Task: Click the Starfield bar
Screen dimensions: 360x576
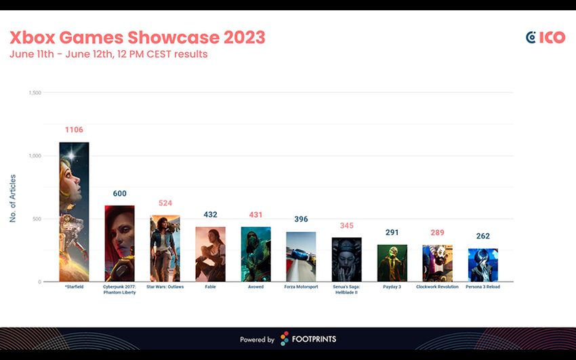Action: point(74,212)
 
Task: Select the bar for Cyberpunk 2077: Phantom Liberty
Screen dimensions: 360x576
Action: point(119,243)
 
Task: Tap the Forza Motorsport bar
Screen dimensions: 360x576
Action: point(301,256)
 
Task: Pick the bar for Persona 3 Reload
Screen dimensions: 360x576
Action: point(482,264)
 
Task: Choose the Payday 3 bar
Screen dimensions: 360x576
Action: point(392,263)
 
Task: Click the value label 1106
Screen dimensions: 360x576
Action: point(74,129)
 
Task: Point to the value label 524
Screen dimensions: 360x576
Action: point(165,203)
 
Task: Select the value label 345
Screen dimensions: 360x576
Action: point(346,225)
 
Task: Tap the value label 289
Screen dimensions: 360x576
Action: point(437,233)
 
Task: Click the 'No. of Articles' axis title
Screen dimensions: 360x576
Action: point(13,198)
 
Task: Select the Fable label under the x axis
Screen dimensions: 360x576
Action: point(210,287)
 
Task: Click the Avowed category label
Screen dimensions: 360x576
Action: point(255,287)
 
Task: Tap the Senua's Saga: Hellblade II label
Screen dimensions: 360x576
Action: point(346,289)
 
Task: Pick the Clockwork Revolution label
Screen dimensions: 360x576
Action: point(437,287)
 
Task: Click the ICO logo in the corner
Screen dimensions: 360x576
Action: point(545,37)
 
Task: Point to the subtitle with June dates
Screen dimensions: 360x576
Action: point(108,54)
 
